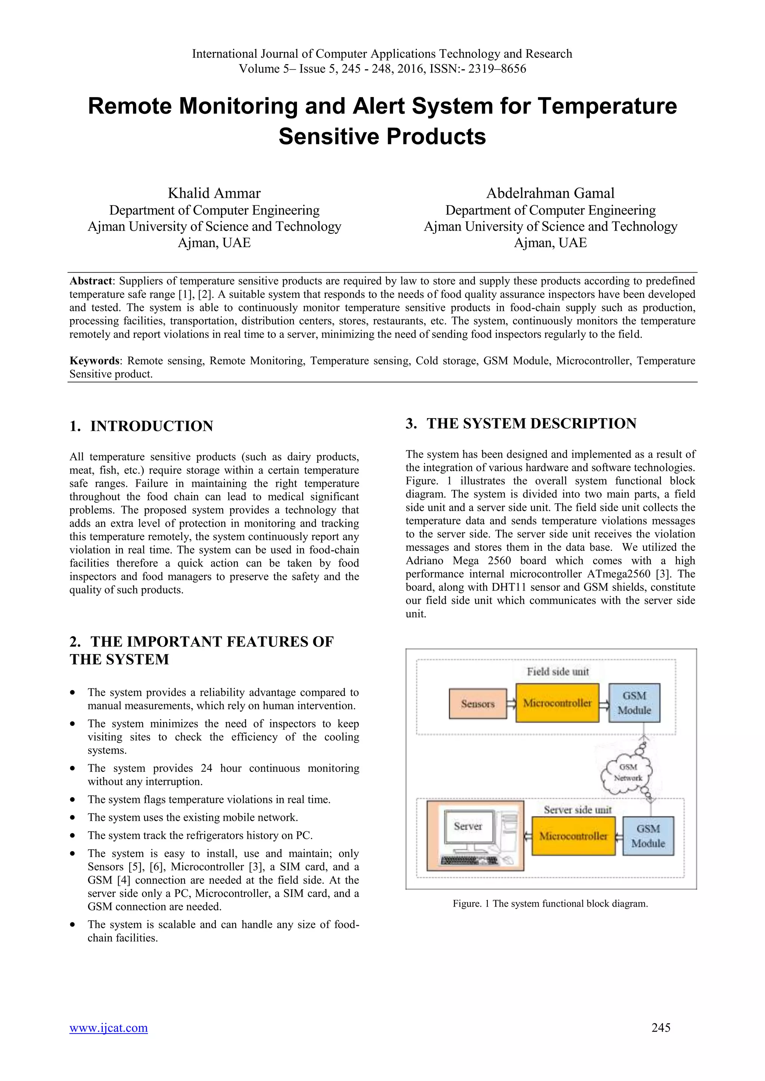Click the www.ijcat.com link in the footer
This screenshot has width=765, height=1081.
[108, 1028]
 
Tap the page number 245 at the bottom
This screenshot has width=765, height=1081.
[661, 1028]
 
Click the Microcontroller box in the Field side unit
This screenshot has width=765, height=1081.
[557, 703]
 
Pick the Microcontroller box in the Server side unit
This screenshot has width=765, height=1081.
[573, 836]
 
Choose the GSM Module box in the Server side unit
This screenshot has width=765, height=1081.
[648, 836]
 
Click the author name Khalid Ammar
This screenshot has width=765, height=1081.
[214, 193]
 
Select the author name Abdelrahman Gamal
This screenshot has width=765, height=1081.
[550, 193]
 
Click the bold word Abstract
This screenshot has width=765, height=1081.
[91, 281]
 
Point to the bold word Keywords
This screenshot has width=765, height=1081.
[95, 361]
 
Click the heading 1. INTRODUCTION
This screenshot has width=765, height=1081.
[141, 426]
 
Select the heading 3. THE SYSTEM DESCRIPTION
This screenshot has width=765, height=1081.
[521, 424]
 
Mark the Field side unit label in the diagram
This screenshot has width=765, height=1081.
[558, 672]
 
